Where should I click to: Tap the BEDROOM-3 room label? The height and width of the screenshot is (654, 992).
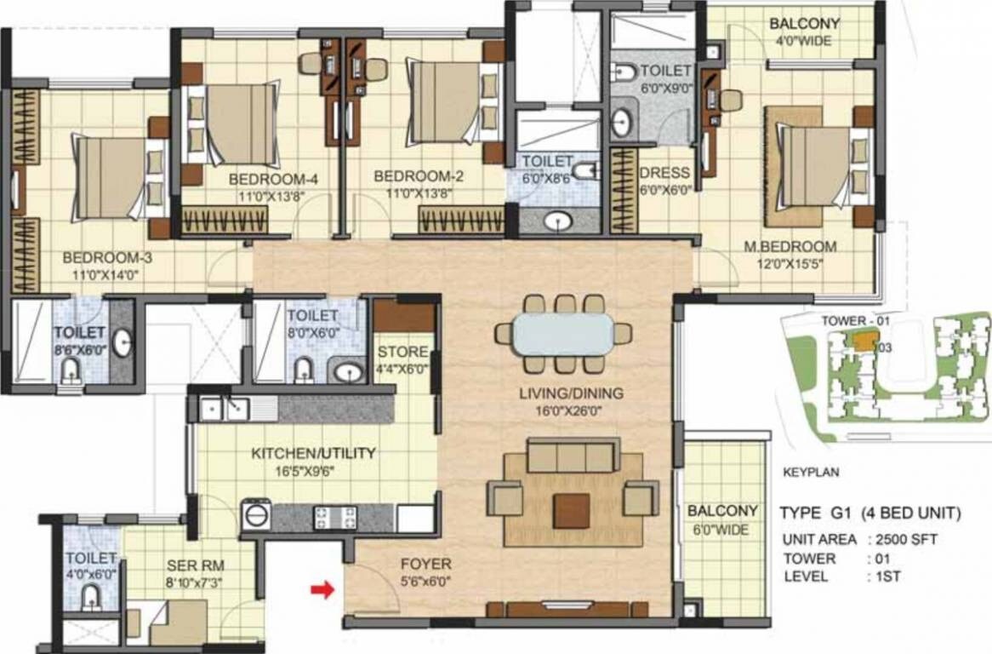pyautogui.click(x=106, y=256)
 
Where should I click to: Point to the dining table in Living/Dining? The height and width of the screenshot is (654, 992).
pyautogui.click(x=562, y=334)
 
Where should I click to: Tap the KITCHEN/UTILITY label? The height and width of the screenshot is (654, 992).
pyautogui.click(x=313, y=453)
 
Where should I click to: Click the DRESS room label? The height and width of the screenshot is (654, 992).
pyautogui.click(x=664, y=173)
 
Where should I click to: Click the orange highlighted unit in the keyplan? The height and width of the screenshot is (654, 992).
pyautogui.click(x=864, y=340)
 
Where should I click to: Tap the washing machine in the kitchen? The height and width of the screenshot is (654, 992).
pyautogui.click(x=256, y=515)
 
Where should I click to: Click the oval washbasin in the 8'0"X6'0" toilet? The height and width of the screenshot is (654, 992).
pyautogui.click(x=346, y=372)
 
